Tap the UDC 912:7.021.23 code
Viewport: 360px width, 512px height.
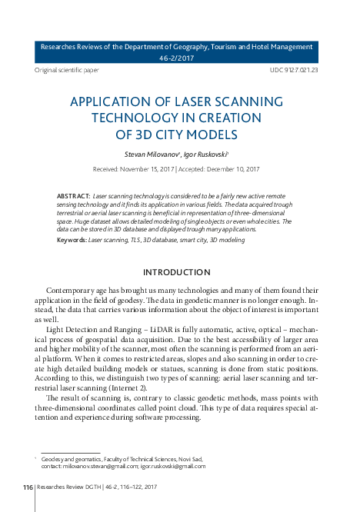pyautogui.click(x=294, y=70)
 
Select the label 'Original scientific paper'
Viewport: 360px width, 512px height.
pyautogui.click(x=67, y=70)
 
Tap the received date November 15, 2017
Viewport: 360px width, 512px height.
pyautogui.click(x=147, y=168)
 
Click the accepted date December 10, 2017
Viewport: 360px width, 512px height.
pyautogui.click(x=232, y=168)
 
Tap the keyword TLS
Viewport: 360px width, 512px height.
pyautogui.click(x=133, y=241)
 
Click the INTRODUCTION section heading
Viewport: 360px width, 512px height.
pyautogui.click(x=176, y=272)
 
